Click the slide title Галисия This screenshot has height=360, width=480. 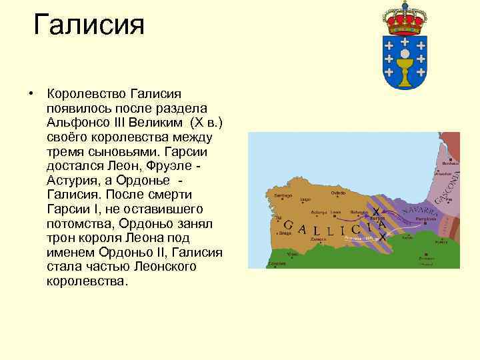pos(89,26)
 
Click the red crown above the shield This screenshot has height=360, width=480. pos(404,18)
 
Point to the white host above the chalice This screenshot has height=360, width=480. pos(404,52)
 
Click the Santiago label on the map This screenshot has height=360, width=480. pos(283,195)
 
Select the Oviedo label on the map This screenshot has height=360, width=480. pos(337,194)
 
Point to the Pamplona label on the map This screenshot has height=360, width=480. pos(425,219)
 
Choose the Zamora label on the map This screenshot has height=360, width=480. pos(319,238)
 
